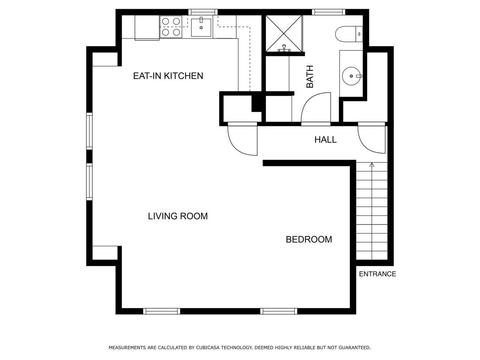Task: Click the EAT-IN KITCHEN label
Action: [x=168, y=76]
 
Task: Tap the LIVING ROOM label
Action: [x=178, y=216]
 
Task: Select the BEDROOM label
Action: [x=309, y=240]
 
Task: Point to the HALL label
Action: [x=325, y=139]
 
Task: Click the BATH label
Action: [x=310, y=77]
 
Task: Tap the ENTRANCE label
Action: [x=378, y=274]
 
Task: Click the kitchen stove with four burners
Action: [x=171, y=27]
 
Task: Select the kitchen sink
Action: [x=201, y=27]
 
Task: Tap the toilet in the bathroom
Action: [x=349, y=34]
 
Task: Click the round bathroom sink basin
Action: [x=351, y=76]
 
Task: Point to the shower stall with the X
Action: [x=283, y=33]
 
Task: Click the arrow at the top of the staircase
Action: [x=372, y=165]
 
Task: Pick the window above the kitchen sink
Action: [x=203, y=12]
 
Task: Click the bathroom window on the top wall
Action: [x=328, y=12]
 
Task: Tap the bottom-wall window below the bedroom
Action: [x=279, y=311]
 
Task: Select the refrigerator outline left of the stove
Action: [x=147, y=28]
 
